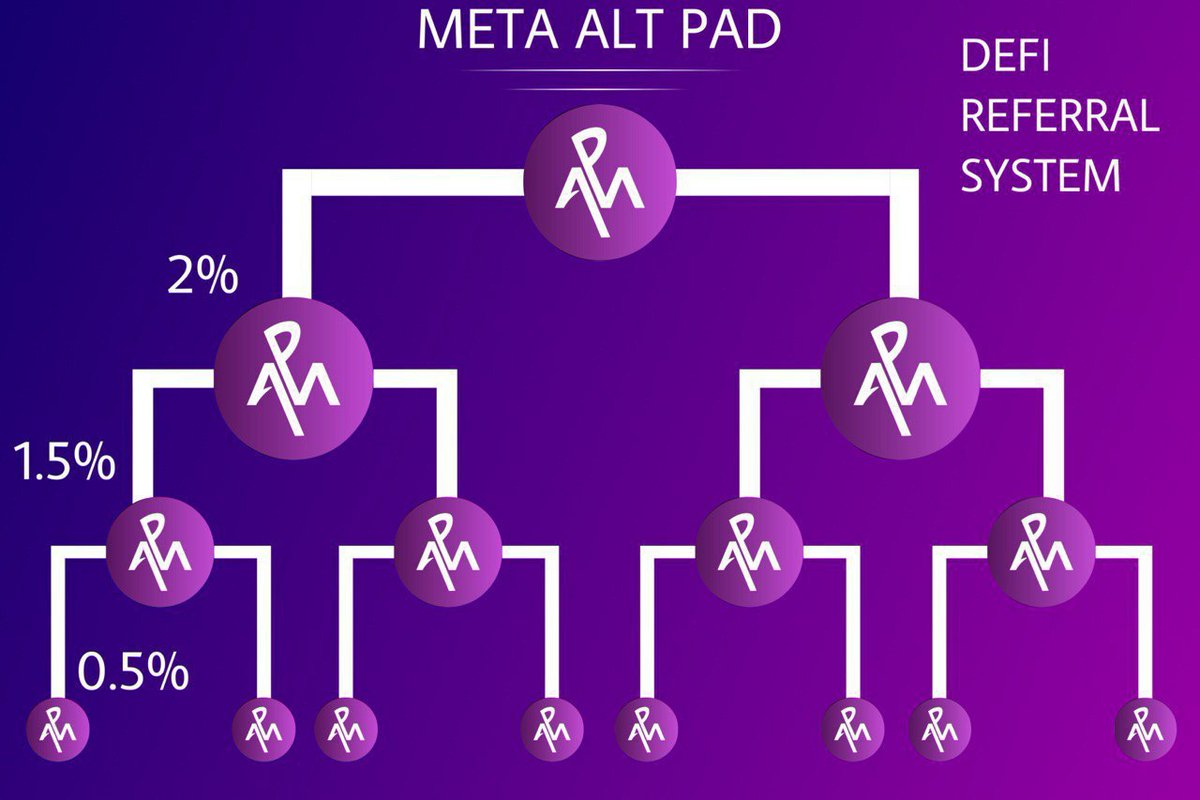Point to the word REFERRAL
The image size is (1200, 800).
pos(1060,117)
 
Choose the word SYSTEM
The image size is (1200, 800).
pos(1040,177)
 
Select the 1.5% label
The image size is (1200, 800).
pos(64,465)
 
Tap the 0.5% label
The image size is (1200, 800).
pos(133,673)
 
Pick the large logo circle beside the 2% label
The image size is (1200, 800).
pos(294,376)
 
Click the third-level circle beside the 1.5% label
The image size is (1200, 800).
pos(160,547)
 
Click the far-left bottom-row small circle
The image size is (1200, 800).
pos(57,729)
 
